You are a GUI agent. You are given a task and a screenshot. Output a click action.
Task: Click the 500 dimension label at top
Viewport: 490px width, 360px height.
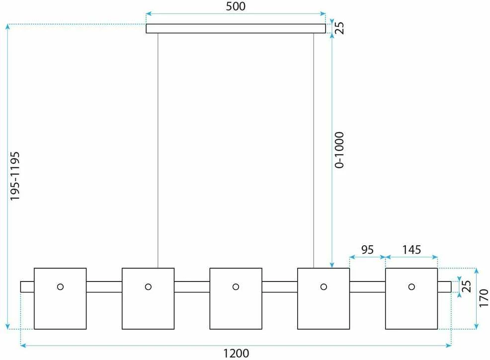pos(236,6)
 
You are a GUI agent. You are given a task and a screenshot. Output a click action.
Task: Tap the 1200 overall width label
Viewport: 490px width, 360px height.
pos(236,354)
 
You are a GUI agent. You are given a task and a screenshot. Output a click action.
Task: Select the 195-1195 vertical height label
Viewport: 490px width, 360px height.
pos(15,176)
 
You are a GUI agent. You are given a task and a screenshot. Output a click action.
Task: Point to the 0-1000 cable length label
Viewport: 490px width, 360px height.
pos(339,150)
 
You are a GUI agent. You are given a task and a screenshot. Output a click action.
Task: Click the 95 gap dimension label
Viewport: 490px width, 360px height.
pos(367,250)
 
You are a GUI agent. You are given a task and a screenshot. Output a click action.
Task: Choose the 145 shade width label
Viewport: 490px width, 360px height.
pos(411,250)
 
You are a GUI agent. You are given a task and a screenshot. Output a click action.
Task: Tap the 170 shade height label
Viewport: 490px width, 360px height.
pos(484,298)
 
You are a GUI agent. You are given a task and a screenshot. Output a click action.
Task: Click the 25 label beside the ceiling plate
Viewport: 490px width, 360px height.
pos(339,28)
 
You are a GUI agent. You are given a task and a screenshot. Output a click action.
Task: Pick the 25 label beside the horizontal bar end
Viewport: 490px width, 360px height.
pos(466,287)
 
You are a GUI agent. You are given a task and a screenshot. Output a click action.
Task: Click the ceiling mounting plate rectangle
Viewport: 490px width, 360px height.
pos(236,28)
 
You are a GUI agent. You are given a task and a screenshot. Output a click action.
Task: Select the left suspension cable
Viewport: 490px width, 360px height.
pos(158,150)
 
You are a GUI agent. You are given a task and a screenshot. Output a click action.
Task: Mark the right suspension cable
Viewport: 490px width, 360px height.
pos(314,150)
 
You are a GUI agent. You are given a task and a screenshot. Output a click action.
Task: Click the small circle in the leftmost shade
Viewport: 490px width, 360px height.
pos(60,287)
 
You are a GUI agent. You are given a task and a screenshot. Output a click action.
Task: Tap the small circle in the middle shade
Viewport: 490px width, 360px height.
pos(236,287)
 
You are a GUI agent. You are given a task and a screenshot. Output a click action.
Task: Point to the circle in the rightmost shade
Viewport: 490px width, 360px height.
pos(411,287)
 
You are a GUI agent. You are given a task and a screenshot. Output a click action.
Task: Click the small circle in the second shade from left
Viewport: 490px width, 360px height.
pos(148,287)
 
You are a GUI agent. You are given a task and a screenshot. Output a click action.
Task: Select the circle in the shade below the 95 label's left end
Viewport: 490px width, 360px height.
pos(324,287)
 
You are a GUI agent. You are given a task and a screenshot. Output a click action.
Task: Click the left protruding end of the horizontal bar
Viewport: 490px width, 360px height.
pos(27,287)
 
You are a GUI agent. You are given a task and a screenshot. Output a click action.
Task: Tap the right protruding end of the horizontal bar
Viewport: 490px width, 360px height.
pos(444,287)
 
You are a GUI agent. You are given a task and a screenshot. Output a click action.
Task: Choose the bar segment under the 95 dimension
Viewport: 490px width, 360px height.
pos(368,287)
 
